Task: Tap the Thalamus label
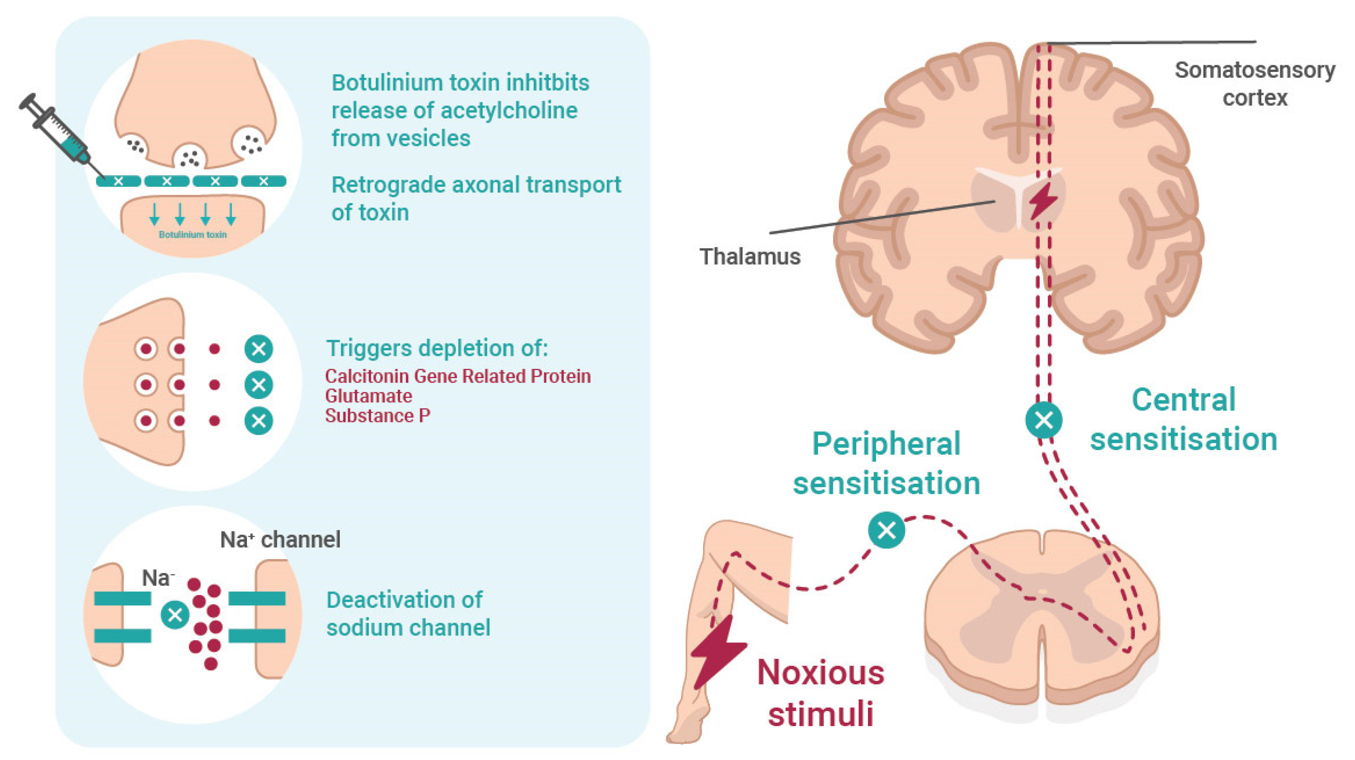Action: click(750, 257)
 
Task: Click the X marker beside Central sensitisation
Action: click(1044, 420)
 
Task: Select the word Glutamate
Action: click(368, 396)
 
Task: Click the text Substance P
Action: click(378, 415)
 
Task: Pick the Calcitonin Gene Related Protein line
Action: click(457, 376)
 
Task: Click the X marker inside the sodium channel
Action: click(175, 614)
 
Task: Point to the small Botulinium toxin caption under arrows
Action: click(192, 234)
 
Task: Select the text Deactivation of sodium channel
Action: click(408, 613)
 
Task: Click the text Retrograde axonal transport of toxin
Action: click(476, 198)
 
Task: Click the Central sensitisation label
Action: click(1184, 419)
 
